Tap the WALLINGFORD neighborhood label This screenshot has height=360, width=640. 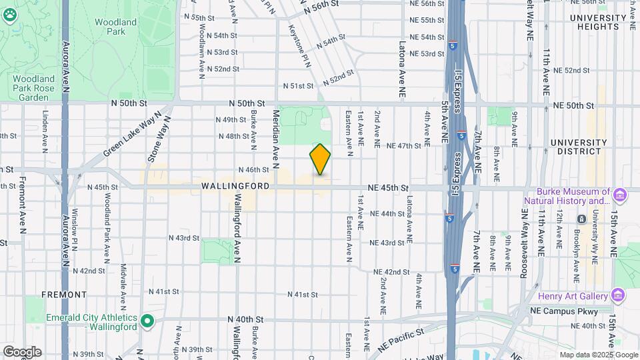[236, 187]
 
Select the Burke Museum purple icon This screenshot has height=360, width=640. [620, 195]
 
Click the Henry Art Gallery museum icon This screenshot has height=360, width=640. [618, 295]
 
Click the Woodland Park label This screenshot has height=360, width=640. [110, 27]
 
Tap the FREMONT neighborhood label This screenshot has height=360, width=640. [64, 294]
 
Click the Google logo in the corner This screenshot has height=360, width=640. [22, 351]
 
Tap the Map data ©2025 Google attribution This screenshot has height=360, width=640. [598, 355]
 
